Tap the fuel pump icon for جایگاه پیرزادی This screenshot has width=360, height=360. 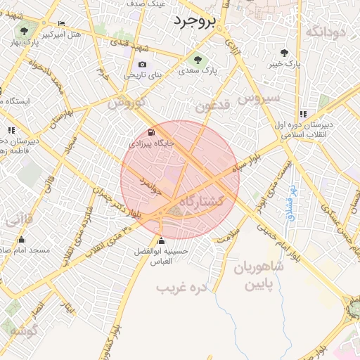pos(152,132)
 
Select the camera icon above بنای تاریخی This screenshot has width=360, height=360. pos(143,65)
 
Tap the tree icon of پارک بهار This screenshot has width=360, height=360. pos(25,31)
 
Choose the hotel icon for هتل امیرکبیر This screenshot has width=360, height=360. pos(62,23)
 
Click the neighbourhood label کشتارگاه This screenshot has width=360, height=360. pos(202,202)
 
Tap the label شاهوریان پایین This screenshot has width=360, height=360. pos(264,276)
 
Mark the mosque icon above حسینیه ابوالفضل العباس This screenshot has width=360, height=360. pos(161,240)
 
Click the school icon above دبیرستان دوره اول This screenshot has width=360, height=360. pos(303,114)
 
